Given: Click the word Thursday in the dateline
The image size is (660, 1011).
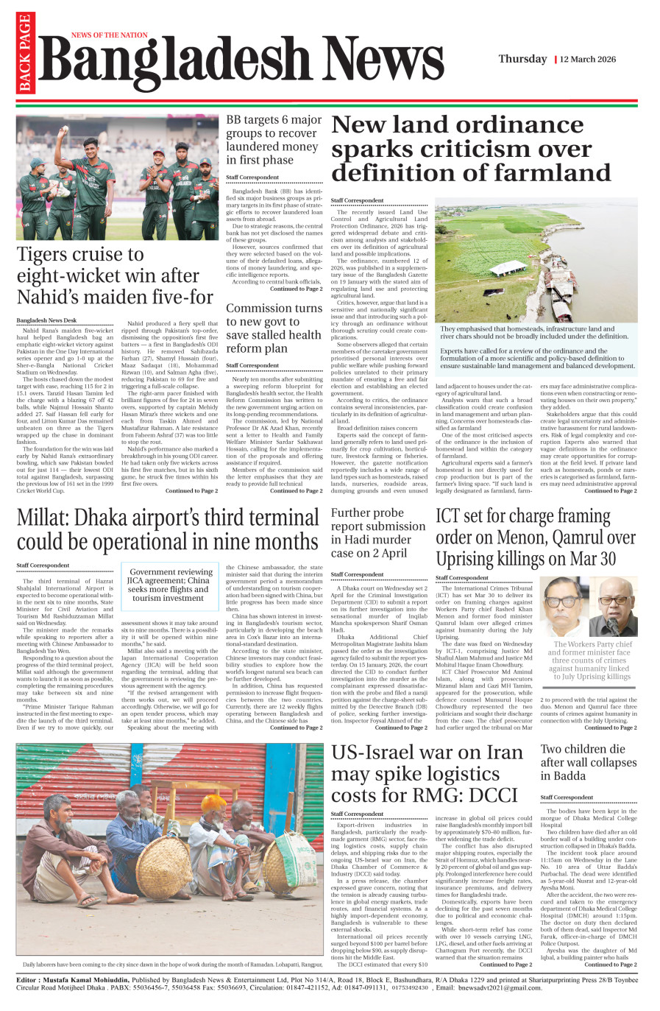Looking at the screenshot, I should (522, 59).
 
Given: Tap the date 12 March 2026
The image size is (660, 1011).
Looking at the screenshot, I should (588, 59).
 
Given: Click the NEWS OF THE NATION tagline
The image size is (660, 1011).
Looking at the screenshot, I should (109, 35).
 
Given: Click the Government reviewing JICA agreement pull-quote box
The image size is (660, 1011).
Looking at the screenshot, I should (171, 585).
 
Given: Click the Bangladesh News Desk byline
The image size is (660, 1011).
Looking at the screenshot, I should (46, 320).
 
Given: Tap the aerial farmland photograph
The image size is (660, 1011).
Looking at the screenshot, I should (536, 264).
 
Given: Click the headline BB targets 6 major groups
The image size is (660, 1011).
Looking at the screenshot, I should (274, 140).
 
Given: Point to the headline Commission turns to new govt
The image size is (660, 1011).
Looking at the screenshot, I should (274, 328).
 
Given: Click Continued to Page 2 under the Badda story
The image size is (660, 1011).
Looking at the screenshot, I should (611, 964).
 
